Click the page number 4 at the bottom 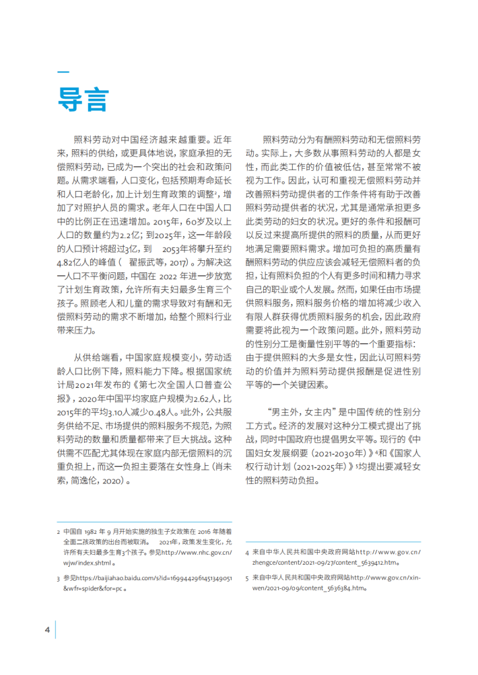tap(47, 629)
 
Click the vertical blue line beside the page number tap(55, 629)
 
